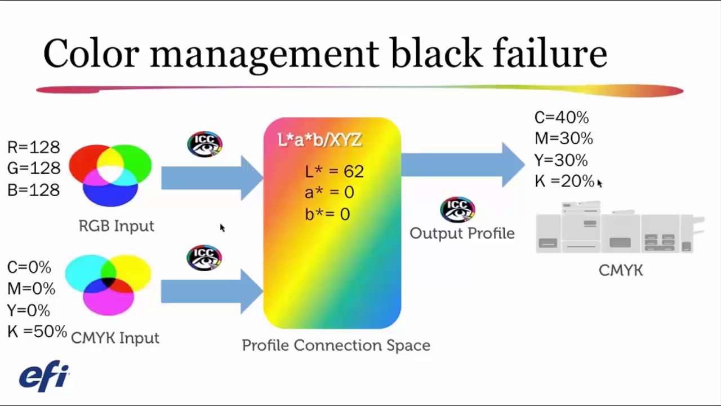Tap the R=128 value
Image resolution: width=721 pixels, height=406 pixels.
coord(33,147)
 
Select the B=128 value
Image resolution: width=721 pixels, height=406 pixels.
coord(33,190)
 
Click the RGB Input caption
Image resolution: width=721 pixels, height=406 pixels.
coord(117,226)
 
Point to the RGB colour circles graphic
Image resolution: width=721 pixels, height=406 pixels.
coord(110,175)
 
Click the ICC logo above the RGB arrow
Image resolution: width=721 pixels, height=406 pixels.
coord(204,144)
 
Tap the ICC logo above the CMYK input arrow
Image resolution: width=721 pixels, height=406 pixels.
coord(204,258)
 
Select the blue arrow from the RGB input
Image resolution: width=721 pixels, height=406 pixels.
coord(212,178)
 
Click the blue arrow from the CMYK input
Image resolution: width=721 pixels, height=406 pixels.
coord(212,292)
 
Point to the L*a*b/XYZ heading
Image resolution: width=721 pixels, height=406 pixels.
coord(319,140)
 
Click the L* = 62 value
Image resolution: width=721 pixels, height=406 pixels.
coord(334,171)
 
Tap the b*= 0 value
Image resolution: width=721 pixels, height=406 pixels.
coord(327,214)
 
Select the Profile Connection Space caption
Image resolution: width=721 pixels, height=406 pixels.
coord(336,346)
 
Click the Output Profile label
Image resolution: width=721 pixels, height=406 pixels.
coord(462,233)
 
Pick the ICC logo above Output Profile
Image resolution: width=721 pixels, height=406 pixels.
coord(457,210)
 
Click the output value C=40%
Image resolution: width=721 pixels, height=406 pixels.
coord(562,117)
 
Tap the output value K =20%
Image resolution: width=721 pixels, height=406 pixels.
coord(564,181)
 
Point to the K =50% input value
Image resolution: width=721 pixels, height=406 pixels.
coord(37,331)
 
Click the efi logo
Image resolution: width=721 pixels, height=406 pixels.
coord(44,376)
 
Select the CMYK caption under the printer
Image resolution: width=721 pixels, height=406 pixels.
coord(621,270)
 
